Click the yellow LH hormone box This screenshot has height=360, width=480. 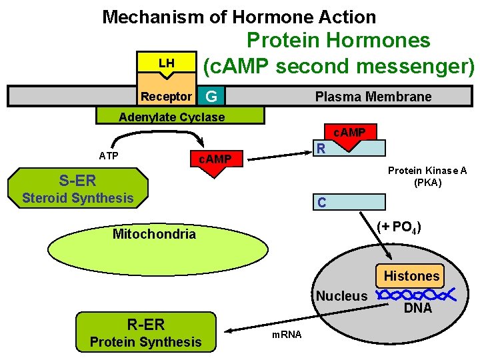point(166,63)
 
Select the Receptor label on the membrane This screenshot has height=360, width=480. point(166,97)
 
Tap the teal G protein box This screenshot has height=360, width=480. point(211,97)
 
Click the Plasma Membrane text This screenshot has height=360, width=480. point(373,97)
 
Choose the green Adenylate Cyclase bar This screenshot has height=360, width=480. point(180,117)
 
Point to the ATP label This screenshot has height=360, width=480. point(109,156)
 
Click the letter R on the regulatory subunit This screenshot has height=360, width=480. point(321,148)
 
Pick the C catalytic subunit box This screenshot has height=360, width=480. point(349,202)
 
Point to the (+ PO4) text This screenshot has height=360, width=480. point(398,226)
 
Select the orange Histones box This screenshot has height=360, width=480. point(411,275)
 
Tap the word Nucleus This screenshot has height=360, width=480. point(341,296)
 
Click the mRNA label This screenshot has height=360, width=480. point(287,334)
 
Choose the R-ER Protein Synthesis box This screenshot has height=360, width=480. point(146,333)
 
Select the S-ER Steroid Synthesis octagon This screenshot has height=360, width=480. point(78,188)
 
